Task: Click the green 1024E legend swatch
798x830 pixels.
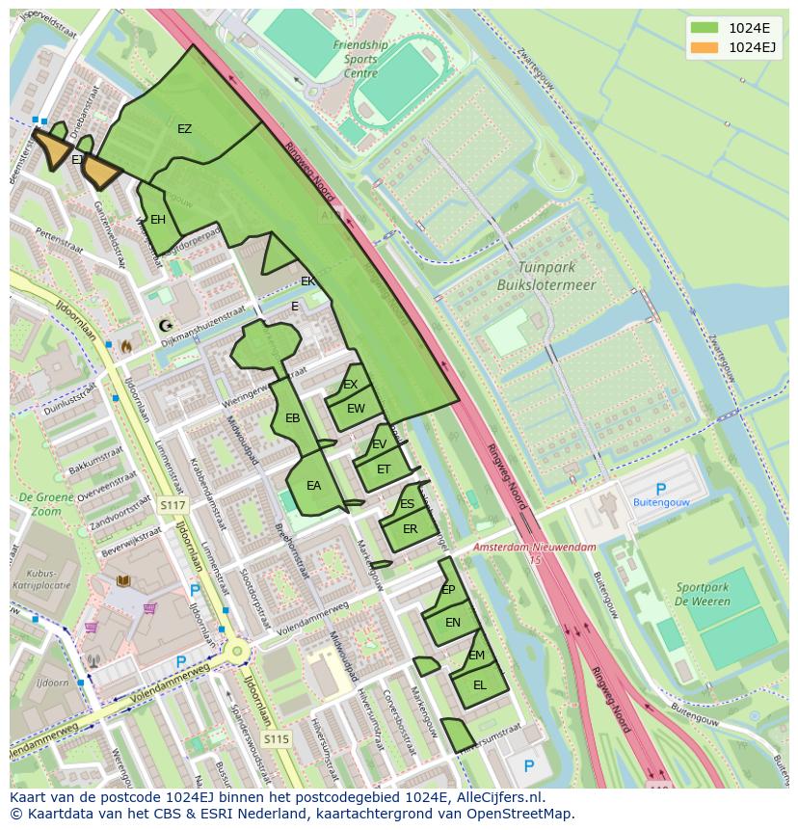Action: (x=705, y=28)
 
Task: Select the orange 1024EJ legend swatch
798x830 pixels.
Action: (x=705, y=47)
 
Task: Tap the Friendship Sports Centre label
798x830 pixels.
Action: (x=361, y=59)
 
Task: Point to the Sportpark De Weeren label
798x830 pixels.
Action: (x=703, y=594)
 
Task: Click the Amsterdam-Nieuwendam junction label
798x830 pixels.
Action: (x=534, y=547)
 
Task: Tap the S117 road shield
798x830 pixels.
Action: (x=173, y=505)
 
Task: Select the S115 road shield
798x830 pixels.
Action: (x=277, y=739)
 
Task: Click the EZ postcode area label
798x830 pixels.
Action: (x=184, y=128)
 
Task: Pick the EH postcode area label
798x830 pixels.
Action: (x=158, y=220)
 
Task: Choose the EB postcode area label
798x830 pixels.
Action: (x=293, y=418)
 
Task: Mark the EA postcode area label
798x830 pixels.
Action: (x=313, y=486)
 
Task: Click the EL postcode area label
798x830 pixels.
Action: (x=480, y=685)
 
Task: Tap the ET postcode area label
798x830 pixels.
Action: (x=384, y=469)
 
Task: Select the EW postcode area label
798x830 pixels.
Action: (x=356, y=409)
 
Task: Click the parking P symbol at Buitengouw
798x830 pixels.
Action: (x=660, y=490)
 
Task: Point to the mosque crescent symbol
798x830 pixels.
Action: (x=165, y=326)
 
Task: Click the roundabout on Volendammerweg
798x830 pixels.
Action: (x=236, y=652)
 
